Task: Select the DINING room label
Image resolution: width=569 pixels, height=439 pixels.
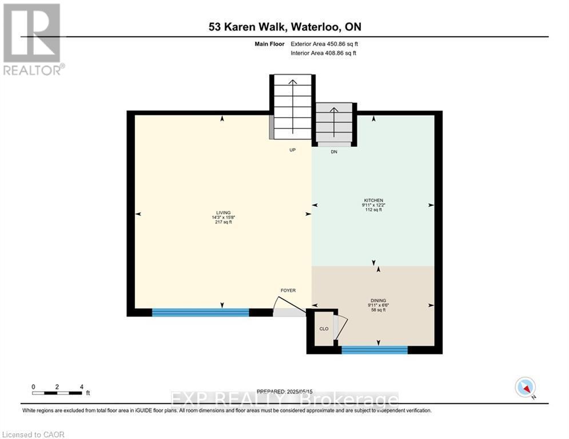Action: [x=378, y=301]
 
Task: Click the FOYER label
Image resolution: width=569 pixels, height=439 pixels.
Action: [x=288, y=290]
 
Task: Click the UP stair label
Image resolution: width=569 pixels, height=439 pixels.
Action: [x=292, y=150]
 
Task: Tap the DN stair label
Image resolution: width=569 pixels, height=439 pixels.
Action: [x=335, y=152]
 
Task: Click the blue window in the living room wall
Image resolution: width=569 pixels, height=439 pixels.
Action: [x=200, y=312]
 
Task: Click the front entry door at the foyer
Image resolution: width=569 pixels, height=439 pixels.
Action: [x=289, y=313]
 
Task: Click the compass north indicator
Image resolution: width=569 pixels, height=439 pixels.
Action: [x=524, y=388]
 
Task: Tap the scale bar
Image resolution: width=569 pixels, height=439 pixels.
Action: [x=57, y=393]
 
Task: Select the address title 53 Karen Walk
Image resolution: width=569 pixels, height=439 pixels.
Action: [x=284, y=27]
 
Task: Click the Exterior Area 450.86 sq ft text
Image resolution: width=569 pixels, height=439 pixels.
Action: [x=325, y=43]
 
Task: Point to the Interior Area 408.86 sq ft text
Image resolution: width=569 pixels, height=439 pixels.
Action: [x=324, y=53]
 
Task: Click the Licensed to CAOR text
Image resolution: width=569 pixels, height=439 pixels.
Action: [x=34, y=434]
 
